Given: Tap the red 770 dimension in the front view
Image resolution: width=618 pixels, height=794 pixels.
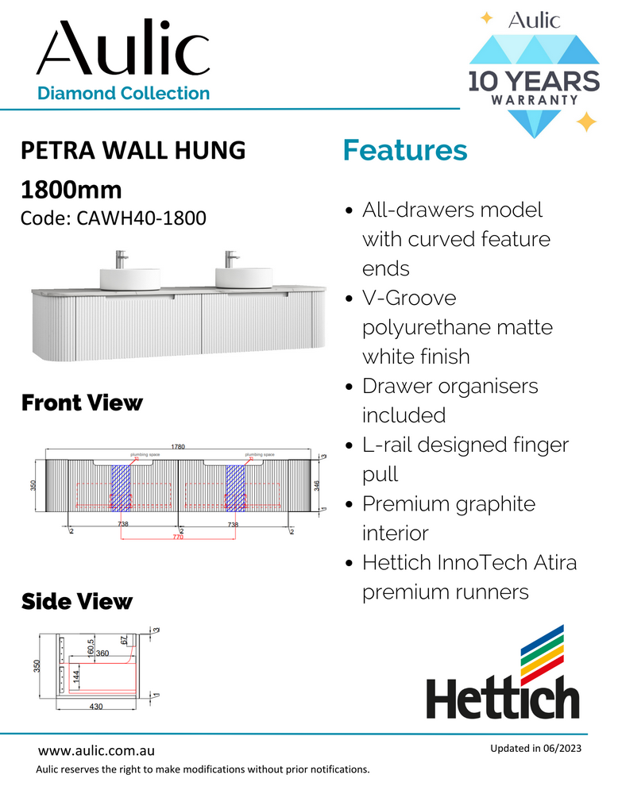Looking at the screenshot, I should pos(178,538).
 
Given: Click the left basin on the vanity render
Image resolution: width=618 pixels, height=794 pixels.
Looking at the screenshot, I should pos(120,277).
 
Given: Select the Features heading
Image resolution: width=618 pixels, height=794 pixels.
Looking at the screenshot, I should pos(404,150).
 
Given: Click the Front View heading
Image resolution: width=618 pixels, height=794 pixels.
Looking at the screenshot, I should pos(82,403).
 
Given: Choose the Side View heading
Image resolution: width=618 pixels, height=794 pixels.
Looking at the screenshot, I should pos(76,601).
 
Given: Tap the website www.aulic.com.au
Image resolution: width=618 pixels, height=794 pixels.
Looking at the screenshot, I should pos(96,750).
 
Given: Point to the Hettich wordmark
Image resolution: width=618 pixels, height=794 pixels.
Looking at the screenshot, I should pos(503,699).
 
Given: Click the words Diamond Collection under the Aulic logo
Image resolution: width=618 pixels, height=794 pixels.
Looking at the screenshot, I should pos(123,93).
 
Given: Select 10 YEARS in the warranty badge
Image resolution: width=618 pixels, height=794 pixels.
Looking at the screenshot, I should pos(533,81).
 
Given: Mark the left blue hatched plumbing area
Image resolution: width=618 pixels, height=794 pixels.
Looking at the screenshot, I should pos(120,486).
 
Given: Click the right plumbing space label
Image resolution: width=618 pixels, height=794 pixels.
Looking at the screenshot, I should pos(259,455).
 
